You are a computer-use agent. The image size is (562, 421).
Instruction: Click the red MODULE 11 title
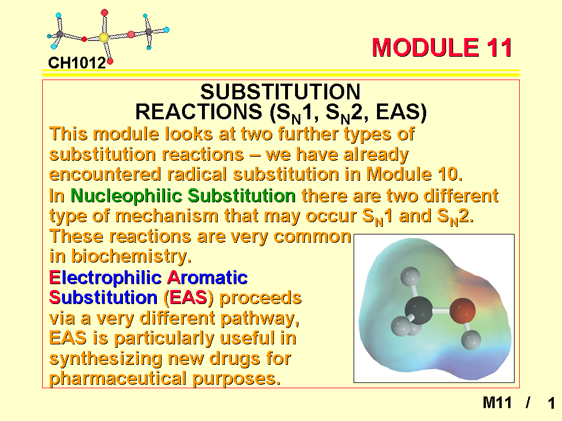tap(442, 47)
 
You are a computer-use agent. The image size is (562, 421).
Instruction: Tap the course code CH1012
tap(77, 63)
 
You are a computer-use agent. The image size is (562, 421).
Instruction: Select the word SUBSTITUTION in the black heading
tap(280, 92)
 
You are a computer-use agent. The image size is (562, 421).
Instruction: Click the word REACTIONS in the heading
tap(198, 112)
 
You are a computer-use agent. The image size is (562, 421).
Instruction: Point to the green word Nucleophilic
tap(126, 195)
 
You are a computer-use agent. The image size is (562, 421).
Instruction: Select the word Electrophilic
tap(105, 278)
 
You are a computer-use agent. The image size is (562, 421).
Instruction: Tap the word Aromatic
tap(207, 277)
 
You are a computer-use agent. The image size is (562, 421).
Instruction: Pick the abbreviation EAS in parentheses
tap(188, 298)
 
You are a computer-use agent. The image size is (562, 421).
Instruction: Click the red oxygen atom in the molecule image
tap(462, 310)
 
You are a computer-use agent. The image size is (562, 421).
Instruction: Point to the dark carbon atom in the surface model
tap(419, 310)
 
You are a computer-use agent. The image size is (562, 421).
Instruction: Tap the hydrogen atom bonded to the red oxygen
tap(471, 340)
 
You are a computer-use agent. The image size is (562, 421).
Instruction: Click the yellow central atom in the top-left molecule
tap(104, 37)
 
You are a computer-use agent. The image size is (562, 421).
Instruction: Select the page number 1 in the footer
tap(551, 403)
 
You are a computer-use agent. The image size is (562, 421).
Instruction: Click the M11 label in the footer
tap(497, 403)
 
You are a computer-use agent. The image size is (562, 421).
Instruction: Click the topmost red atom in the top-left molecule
tap(104, 13)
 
